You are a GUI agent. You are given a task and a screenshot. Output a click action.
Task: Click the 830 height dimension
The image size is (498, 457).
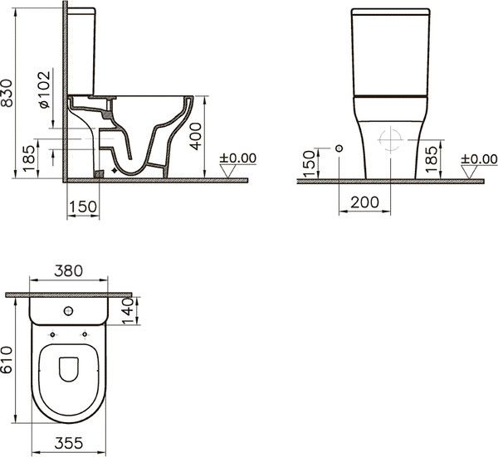[7, 93]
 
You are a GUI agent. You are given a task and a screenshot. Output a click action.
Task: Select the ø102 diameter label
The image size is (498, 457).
[45, 90]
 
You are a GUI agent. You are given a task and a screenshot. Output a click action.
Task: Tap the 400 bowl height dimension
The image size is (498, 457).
[196, 136]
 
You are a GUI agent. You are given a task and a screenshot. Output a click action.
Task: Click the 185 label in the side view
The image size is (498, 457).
[29, 158]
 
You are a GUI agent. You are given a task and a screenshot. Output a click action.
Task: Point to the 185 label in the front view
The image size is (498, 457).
[432, 159]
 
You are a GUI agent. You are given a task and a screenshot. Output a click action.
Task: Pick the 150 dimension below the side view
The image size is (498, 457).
[82, 207]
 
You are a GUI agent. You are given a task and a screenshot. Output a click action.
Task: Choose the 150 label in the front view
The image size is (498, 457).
[309, 163]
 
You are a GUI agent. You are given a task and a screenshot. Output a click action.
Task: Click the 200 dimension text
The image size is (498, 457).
[364, 202]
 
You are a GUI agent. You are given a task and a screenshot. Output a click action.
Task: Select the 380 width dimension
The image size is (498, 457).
[68, 271]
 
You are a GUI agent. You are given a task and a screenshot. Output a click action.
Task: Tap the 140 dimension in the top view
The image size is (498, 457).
[127, 311]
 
